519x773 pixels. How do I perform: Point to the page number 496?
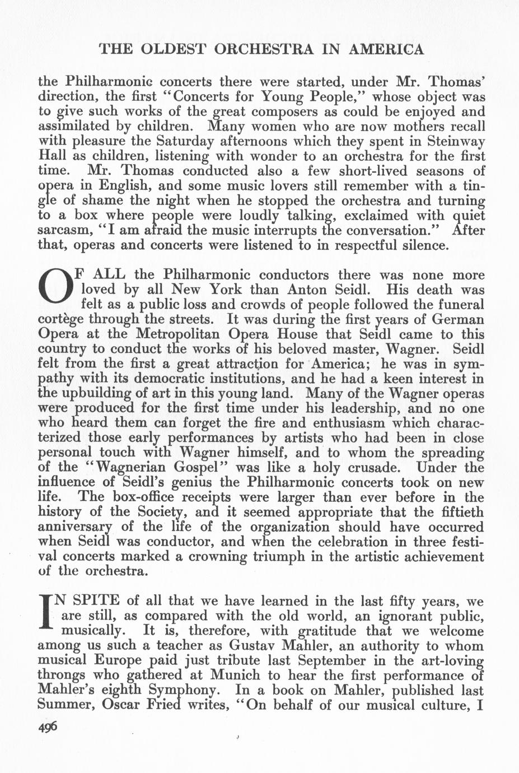(x=48, y=727)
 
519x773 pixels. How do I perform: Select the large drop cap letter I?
(x=46, y=615)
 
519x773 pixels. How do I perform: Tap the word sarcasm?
(x=63, y=230)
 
